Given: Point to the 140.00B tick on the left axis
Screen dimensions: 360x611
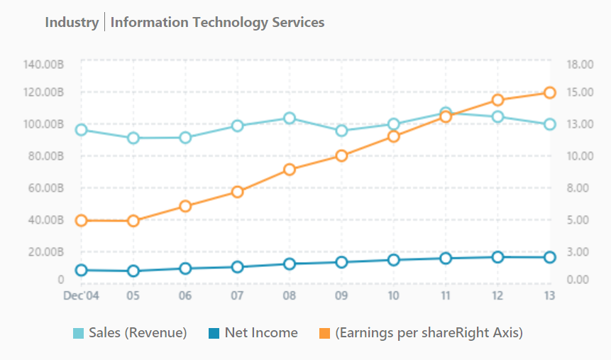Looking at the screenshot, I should click(x=44, y=65).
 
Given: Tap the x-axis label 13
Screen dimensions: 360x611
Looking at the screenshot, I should click(x=549, y=295).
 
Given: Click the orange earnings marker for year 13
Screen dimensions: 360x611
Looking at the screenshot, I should click(x=549, y=92).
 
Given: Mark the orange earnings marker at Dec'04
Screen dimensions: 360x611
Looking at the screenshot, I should click(x=82, y=221).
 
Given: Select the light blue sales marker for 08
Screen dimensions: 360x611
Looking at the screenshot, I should click(x=290, y=118).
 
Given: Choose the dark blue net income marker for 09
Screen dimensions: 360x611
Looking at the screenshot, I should click(x=341, y=262).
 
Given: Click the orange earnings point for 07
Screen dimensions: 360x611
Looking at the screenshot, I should click(x=238, y=192).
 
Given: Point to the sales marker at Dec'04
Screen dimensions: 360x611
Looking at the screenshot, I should click(x=82, y=130).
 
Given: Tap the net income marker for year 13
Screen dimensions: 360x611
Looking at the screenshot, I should click(x=549, y=257).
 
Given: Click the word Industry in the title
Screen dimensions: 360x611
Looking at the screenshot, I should click(x=72, y=22).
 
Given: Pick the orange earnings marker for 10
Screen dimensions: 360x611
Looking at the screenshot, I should click(x=393, y=136).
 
